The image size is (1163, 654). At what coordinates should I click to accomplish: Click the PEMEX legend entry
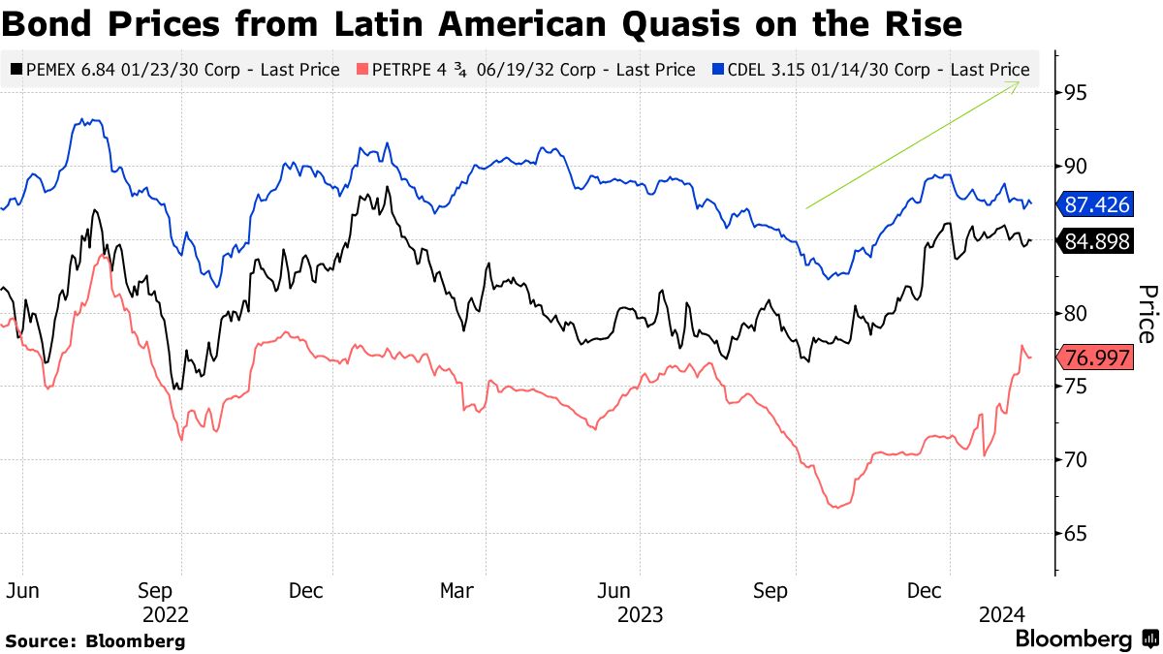coord(174,70)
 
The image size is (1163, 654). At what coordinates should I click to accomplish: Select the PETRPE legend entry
coord(527,70)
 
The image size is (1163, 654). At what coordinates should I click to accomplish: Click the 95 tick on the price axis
coord(1073,93)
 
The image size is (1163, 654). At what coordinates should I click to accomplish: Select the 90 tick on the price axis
coord(1073,167)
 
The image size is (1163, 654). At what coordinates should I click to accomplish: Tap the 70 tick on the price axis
coord(1073,460)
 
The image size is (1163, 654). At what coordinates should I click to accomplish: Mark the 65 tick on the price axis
coord(1073,534)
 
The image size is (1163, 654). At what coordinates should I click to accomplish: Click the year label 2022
coord(165,614)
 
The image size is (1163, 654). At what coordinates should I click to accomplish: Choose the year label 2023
coord(640,614)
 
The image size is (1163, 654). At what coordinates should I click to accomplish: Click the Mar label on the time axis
coord(456,590)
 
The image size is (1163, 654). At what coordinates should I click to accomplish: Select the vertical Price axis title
coord(1147,314)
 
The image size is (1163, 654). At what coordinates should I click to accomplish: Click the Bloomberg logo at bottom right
coord(1085,639)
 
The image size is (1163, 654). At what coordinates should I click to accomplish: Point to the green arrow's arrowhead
coord(1017,83)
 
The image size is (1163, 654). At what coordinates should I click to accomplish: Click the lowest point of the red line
coord(834,507)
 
